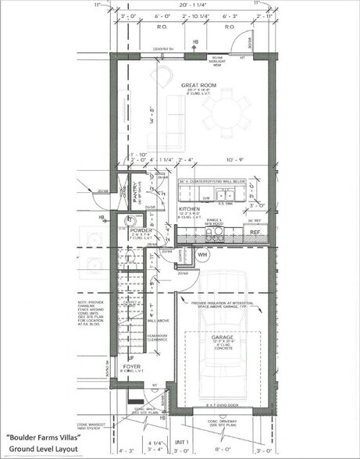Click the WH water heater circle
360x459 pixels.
[x=202, y=254]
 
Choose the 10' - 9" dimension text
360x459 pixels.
[x=235, y=160]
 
